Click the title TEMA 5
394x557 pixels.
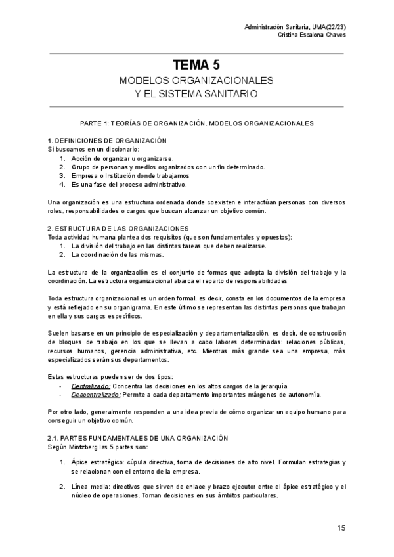196,64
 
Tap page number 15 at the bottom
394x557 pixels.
341,527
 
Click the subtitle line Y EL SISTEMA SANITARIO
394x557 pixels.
196,94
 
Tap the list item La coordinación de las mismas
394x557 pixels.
116,254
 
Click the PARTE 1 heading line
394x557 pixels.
196,123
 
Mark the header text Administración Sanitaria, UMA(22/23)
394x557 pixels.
295,26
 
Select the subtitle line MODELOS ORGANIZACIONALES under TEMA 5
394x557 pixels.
196,80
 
